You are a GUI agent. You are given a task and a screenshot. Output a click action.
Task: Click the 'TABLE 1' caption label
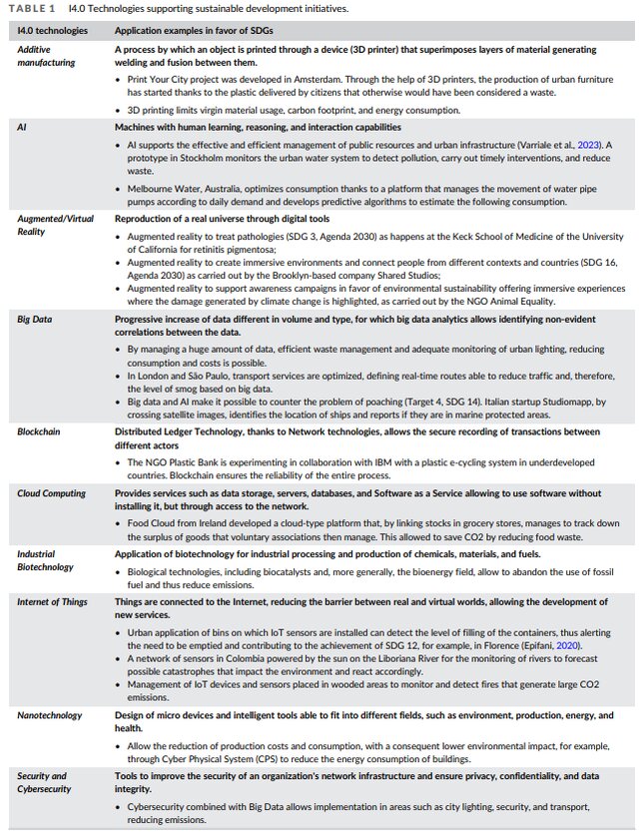click(32, 9)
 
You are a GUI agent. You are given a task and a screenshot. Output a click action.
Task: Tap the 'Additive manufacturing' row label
click(46, 55)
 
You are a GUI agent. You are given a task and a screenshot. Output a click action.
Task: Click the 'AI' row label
click(22, 127)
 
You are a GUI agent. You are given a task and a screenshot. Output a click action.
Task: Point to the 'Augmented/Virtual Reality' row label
click(54, 224)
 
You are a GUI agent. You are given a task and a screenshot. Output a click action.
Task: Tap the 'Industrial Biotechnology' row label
click(46, 559)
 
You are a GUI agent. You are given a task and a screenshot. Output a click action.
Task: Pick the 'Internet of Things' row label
click(52, 602)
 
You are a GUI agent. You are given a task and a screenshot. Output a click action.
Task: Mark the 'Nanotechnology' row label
click(52, 716)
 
